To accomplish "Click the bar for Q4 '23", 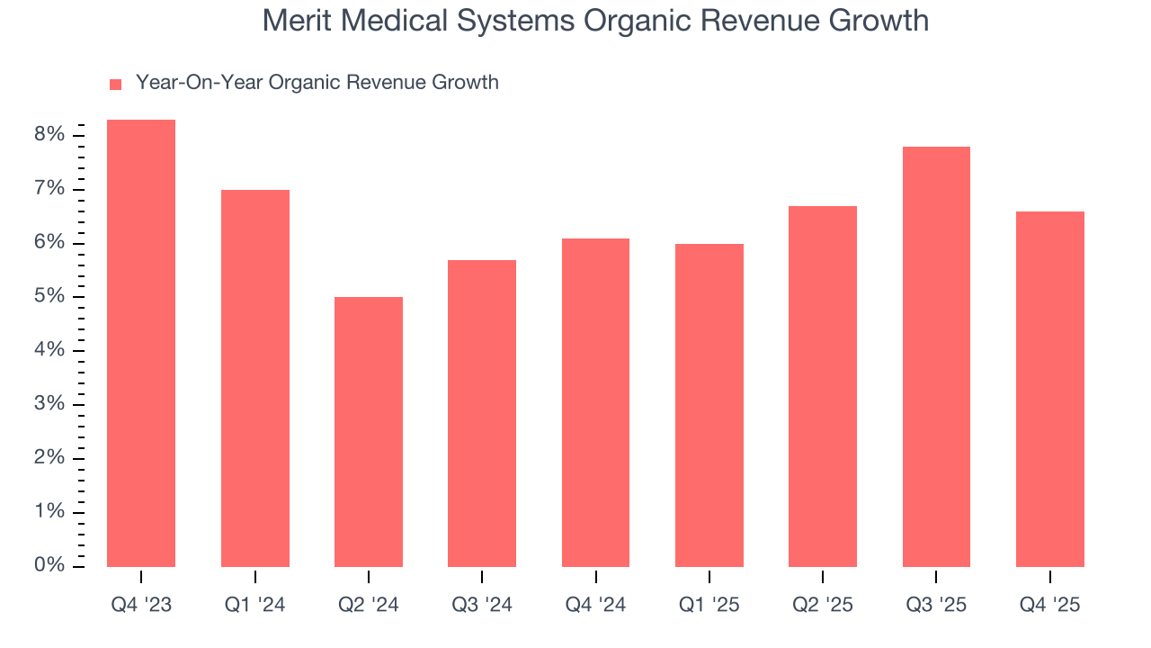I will [x=141, y=343].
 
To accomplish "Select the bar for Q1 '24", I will [x=254, y=378].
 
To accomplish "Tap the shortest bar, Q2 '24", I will [x=369, y=432].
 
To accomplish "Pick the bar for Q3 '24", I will [x=482, y=413].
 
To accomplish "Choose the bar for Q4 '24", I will [x=595, y=402].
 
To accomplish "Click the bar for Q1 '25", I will [x=709, y=405].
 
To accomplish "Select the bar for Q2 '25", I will [x=823, y=386].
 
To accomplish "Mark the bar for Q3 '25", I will [x=936, y=356].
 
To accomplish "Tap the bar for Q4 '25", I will [x=1050, y=389].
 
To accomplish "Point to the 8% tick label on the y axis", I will [x=50, y=135].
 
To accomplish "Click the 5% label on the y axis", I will [x=50, y=297].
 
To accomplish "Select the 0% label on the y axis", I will [x=50, y=566].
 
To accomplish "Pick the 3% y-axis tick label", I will [x=50, y=404].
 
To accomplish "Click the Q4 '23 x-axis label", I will [x=141, y=606].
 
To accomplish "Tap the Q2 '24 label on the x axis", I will [x=369, y=606].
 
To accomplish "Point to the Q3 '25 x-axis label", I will [x=936, y=606].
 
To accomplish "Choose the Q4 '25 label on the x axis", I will [x=1050, y=606].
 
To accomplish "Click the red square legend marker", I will [x=115, y=84].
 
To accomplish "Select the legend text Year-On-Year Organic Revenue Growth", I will [x=317, y=83].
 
